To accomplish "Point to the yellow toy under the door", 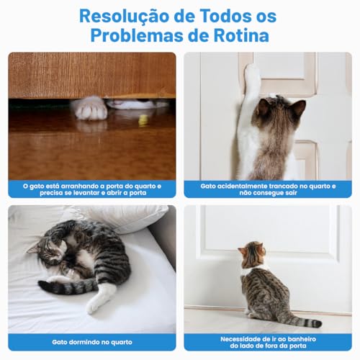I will pyautogui.click(x=143, y=120).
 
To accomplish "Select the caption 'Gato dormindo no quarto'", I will pyautogui.click(x=92, y=341).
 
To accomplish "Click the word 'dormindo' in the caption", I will pyautogui.click(x=89, y=341).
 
